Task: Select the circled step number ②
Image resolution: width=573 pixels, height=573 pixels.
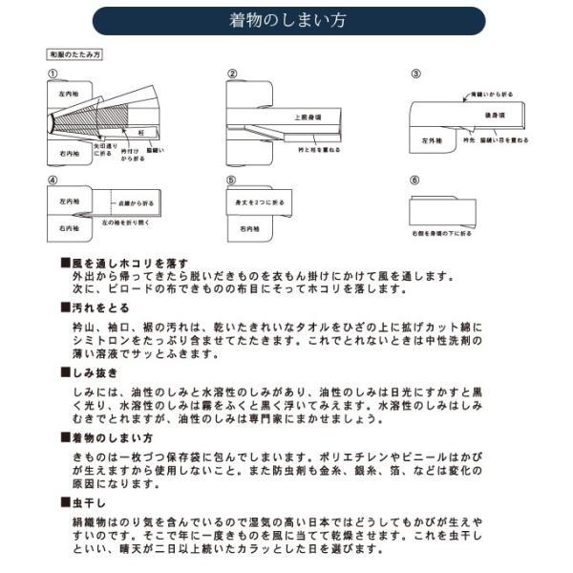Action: point(231,74)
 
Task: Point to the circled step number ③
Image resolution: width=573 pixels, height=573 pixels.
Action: point(415,74)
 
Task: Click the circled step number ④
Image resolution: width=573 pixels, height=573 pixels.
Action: point(53,180)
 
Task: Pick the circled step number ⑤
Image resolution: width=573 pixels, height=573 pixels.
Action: point(231,180)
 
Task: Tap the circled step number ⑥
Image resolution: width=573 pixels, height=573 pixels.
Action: point(415,180)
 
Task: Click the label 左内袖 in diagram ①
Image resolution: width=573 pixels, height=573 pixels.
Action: point(67,95)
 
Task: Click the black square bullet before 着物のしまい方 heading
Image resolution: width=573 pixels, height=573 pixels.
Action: point(64,436)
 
